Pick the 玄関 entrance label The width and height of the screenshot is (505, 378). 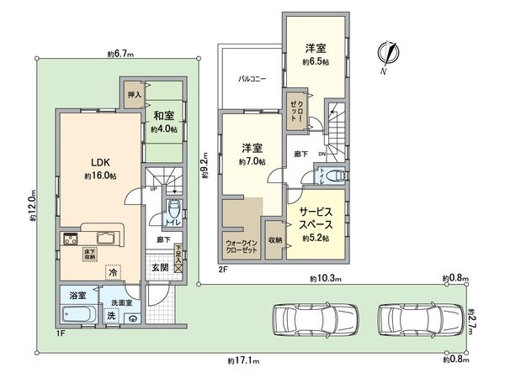[160, 267]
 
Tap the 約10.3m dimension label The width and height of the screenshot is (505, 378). [324, 278]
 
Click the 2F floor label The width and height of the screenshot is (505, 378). [223, 269]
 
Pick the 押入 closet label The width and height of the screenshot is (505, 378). [134, 85]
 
